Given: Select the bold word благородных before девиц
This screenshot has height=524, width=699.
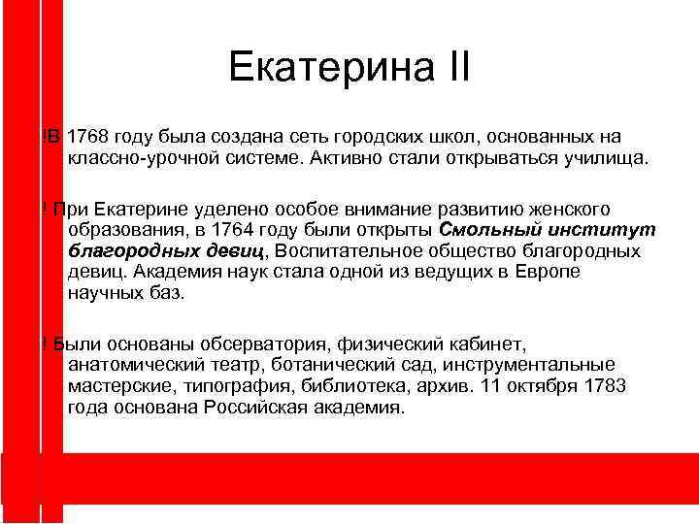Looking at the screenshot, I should point(125,251).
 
